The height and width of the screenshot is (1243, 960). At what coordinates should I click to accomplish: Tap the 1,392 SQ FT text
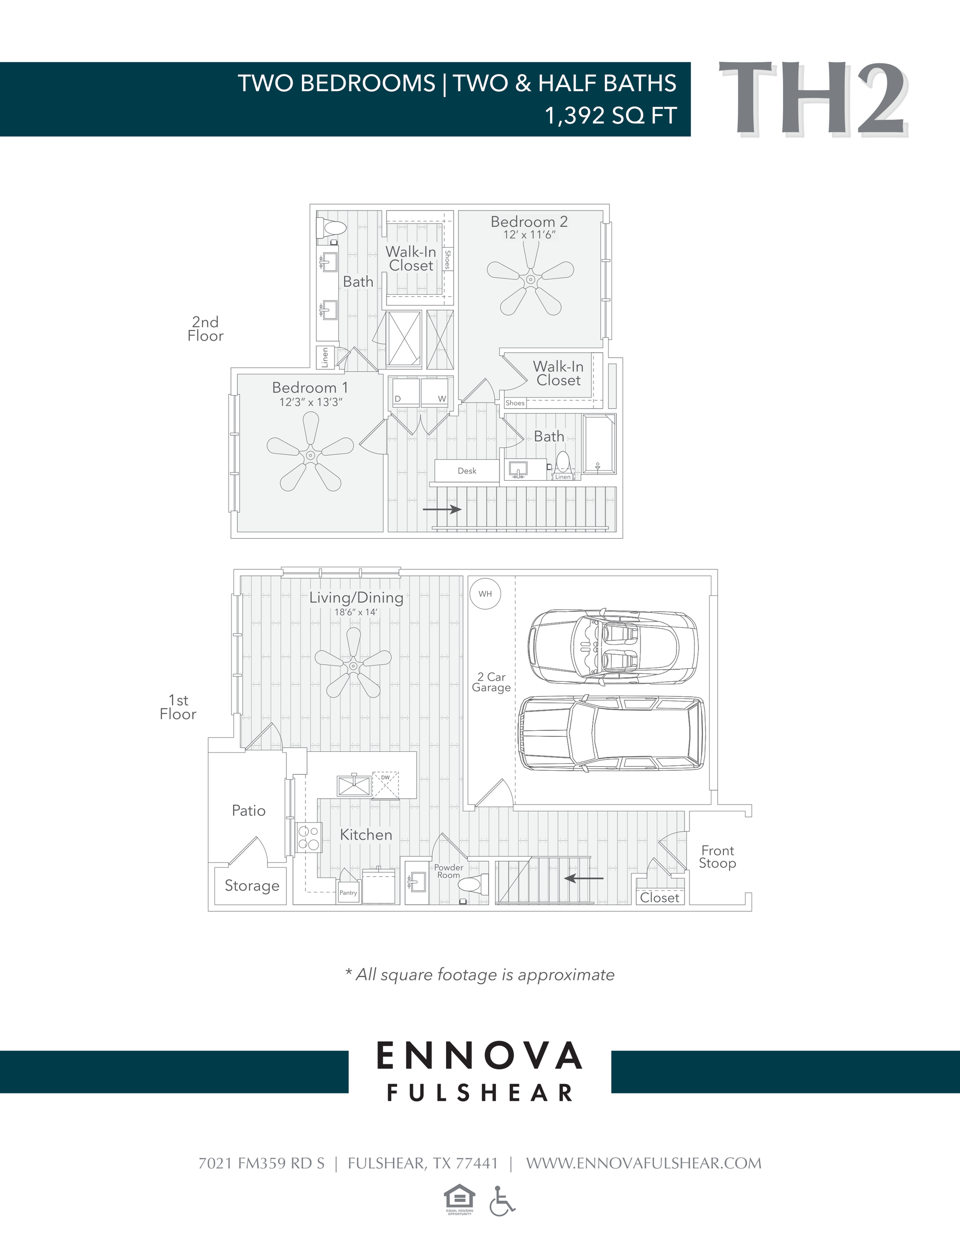(x=610, y=116)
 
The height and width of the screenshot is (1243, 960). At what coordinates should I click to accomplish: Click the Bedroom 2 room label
(x=528, y=222)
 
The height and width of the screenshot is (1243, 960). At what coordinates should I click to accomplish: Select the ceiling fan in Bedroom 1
(x=310, y=455)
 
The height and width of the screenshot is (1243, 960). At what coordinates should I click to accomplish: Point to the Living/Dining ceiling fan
(x=353, y=665)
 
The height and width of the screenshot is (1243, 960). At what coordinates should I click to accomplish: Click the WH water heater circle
(x=485, y=594)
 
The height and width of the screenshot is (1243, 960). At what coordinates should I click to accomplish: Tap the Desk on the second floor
(x=466, y=471)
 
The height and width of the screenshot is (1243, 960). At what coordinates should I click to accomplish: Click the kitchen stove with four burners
(x=308, y=838)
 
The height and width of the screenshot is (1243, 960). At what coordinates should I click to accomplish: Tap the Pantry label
(x=348, y=892)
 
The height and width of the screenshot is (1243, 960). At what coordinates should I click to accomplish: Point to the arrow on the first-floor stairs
(x=584, y=878)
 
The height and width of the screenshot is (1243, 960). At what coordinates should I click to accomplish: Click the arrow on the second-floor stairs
(x=441, y=509)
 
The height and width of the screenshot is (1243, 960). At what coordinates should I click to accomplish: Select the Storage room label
(x=251, y=885)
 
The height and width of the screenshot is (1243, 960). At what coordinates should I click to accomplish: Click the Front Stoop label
(x=717, y=856)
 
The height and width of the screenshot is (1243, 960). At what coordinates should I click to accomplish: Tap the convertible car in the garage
(x=611, y=647)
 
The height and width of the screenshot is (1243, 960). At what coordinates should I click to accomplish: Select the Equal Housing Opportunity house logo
(x=459, y=1198)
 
